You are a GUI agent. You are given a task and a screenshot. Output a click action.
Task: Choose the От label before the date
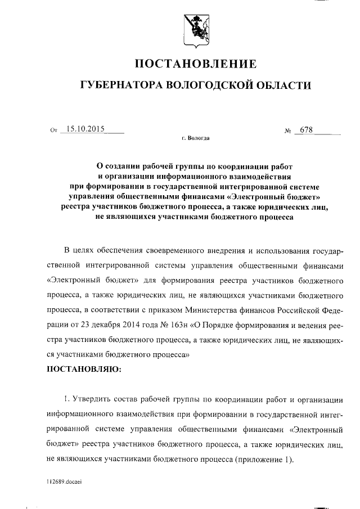tap(54, 131)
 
